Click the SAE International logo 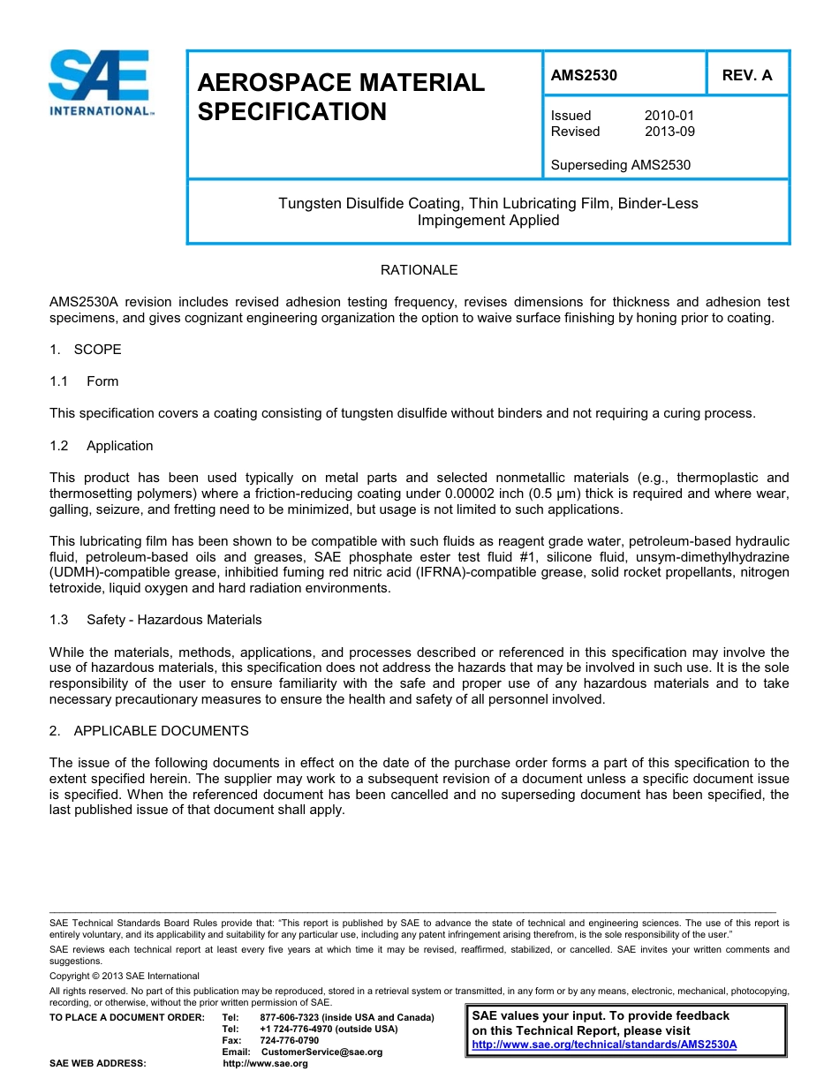(101, 83)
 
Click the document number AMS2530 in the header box (584, 75)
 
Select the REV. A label (746, 75)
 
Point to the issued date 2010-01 (669, 116)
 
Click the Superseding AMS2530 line (620, 165)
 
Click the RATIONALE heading (419, 270)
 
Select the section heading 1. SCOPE (86, 350)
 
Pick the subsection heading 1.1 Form (85, 381)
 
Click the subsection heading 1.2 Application (102, 446)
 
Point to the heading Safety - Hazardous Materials (174, 620)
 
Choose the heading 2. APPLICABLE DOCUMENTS (149, 731)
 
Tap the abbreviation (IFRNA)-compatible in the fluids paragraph (446, 573)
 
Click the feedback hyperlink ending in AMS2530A (604, 1045)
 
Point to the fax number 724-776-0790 (290, 1040)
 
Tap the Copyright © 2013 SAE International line (125, 976)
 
